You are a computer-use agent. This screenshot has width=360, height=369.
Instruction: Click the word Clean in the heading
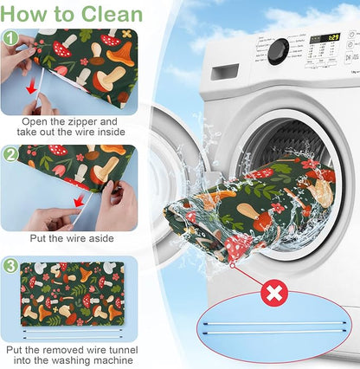click(x=112, y=13)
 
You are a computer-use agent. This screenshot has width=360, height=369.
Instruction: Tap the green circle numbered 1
click(x=10, y=38)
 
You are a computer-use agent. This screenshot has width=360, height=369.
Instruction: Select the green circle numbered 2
click(x=10, y=155)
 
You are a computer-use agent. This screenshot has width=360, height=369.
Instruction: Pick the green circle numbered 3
click(x=10, y=266)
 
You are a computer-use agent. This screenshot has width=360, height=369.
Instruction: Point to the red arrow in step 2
click(x=79, y=201)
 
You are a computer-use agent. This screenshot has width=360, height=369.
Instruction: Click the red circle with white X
click(x=274, y=294)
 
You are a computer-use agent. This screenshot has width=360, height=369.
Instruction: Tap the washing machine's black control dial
click(x=278, y=52)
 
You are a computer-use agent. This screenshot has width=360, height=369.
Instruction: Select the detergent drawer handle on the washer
click(x=224, y=72)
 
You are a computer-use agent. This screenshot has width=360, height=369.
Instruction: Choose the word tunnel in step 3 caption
click(x=122, y=350)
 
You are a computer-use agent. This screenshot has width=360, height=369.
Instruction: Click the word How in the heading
click(x=20, y=13)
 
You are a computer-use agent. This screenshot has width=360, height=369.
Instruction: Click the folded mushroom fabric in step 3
click(x=73, y=294)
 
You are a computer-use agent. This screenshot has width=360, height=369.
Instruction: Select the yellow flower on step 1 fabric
click(x=126, y=34)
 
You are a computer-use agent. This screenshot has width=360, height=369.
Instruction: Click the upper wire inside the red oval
click(x=274, y=323)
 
